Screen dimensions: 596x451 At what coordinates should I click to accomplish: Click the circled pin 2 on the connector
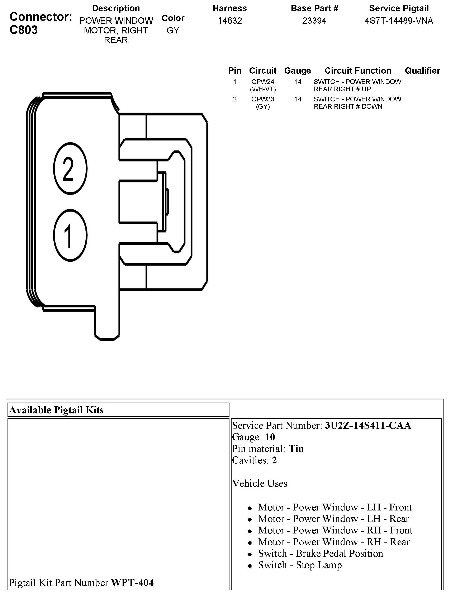coord(70,168)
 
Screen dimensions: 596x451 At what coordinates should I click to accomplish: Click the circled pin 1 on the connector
coord(70,235)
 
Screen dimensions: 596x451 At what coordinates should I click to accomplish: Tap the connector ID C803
coord(24,30)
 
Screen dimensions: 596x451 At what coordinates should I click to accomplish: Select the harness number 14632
coord(230,21)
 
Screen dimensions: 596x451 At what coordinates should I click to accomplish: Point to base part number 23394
coord(314,21)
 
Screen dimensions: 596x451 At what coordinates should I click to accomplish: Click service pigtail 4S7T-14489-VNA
coord(399,21)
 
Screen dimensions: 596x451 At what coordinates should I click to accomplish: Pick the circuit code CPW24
coord(263,82)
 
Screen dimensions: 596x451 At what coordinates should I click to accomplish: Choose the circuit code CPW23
coord(263,99)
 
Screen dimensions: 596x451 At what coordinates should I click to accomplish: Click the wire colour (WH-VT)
coord(263,89)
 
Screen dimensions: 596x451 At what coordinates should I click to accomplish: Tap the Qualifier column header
coord(422,71)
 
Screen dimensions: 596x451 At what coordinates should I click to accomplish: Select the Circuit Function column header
coord(358,71)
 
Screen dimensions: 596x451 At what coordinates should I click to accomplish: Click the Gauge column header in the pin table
coord(297,71)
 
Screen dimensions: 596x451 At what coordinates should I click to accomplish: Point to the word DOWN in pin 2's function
coord(372,106)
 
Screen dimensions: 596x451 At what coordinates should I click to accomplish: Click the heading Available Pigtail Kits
coord(57,410)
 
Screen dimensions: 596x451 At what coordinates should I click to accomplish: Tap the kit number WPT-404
coord(132,583)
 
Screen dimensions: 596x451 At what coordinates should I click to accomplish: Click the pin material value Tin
coord(296,449)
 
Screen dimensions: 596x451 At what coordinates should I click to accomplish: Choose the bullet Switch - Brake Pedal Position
coord(321,553)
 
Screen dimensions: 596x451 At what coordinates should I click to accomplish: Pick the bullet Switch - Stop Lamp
coord(300,565)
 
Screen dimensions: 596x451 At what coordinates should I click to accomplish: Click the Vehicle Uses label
coord(260,483)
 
